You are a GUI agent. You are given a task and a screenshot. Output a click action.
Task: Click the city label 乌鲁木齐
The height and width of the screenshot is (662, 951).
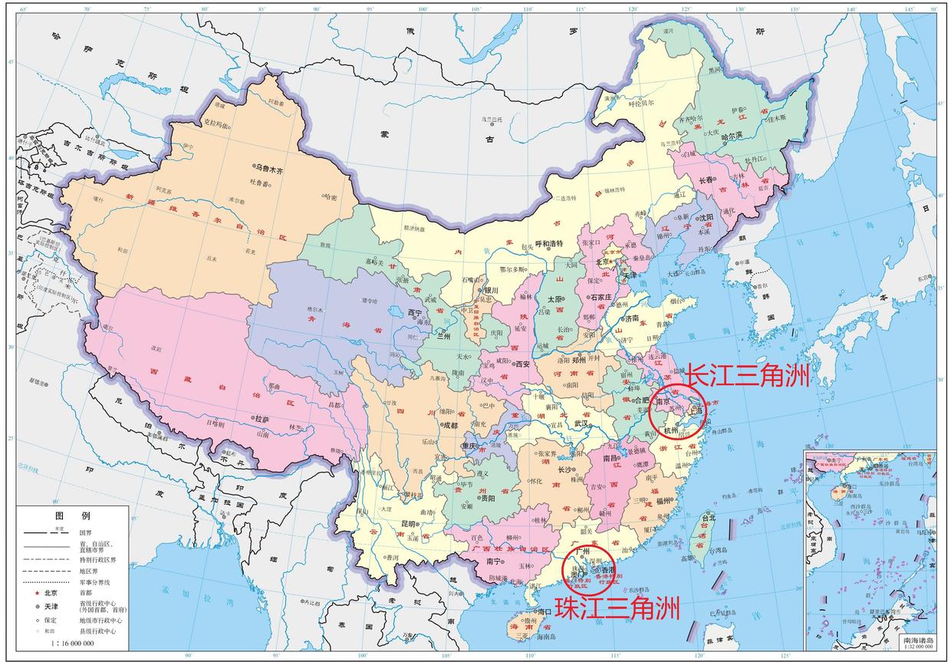pyautogui.click(x=270, y=167)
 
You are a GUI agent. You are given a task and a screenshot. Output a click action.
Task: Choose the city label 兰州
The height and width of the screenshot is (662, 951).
pyautogui.click(x=444, y=336)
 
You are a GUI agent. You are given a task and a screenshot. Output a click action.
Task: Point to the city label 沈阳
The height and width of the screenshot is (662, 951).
pyautogui.click(x=706, y=218)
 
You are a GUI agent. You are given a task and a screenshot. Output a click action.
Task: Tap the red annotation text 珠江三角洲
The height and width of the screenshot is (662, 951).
pyautogui.click(x=617, y=608)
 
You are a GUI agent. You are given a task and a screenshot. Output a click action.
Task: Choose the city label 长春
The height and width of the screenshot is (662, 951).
pyautogui.click(x=709, y=180)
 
